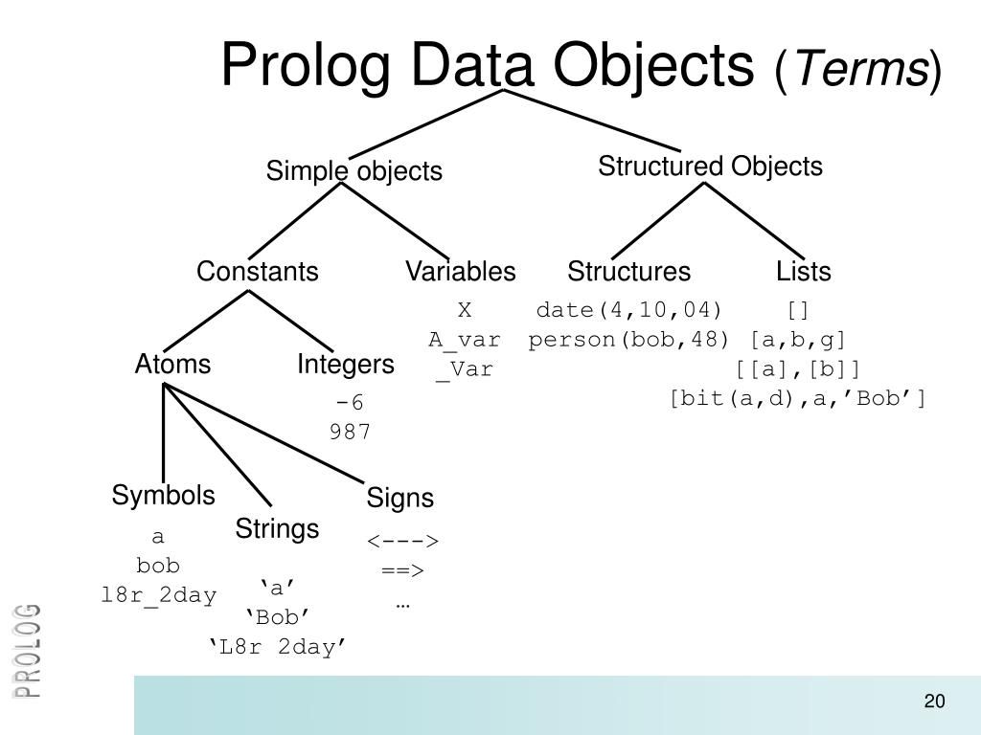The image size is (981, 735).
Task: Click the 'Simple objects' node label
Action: pyautogui.click(x=354, y=171)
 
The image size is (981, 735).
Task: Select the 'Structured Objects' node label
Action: pyautogui.click(x=710, y=167)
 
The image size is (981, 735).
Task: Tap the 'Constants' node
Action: pyautogui.click(x=257, y=272)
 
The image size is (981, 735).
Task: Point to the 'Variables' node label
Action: pyautogui.click(x=460, y=272)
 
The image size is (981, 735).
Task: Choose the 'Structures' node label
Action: pyautogui.click(x=628, y=272)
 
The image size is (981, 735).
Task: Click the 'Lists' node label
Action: pyautogui.click(x=803, y=272)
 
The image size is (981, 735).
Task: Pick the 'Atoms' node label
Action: pyautogui.click(x=172, y=365)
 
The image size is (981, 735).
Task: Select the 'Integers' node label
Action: pyautogui.click(x=345, y=365)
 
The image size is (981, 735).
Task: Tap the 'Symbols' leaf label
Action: pyautogui.click(x=163, y=496)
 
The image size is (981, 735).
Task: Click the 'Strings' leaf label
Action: pyautogui.click(x=277, y=529)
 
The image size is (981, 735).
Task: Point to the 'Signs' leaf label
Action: pyautogui.click(x=399, y=499)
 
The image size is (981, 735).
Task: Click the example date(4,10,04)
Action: pyautogui.click(x=628, y=311)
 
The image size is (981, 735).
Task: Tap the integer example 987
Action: pyautogui.click(x=350, y=432)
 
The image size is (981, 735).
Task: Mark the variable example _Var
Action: pyautogui.click(x=464, y=369)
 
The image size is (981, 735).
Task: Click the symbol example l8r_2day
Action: pyautogui.click(x=159, y=594)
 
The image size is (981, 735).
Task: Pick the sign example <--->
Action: pyautogui.click(x=402, y=542)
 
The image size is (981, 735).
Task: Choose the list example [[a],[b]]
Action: pyautogui.click(x=798, y=369)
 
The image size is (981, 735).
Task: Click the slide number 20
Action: pyautogui.click(x=934, y=702)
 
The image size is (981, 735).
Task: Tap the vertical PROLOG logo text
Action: pyautogui.click(x=28, y=651)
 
